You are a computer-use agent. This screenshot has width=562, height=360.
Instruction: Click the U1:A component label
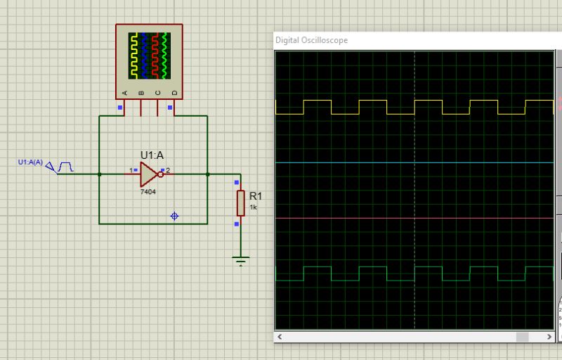(x=152, y=155)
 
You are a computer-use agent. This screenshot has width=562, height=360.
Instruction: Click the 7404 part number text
(x=148, y=191)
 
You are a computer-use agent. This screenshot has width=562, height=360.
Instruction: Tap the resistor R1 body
(x=240, y=202)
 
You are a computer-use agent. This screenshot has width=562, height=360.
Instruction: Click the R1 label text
(x=256, y=195)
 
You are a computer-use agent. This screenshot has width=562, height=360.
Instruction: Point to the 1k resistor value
(x=254, y=207)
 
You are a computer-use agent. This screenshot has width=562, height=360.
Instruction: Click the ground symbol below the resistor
(x=241, y=262)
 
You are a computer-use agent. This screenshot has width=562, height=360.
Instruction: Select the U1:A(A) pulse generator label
(x=30, y=162)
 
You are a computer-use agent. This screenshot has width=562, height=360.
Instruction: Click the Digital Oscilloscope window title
(x=311, y=40)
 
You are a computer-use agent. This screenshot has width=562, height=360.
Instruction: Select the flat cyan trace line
(x=351, y=162)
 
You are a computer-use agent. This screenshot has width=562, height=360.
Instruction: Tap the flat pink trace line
(x=351, y=218)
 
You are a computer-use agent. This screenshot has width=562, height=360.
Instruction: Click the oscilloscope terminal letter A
(x=125, y=92)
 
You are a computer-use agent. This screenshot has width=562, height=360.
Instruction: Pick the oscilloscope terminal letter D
(x=175, y=92)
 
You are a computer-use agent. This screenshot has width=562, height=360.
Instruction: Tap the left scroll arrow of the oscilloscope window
(x=280, y=337)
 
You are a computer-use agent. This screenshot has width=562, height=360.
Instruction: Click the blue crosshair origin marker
(x=174, y=216)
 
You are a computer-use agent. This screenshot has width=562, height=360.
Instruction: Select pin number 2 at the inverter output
(x=168, y=170)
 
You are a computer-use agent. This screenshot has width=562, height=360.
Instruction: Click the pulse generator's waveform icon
(x=66, y=167)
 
